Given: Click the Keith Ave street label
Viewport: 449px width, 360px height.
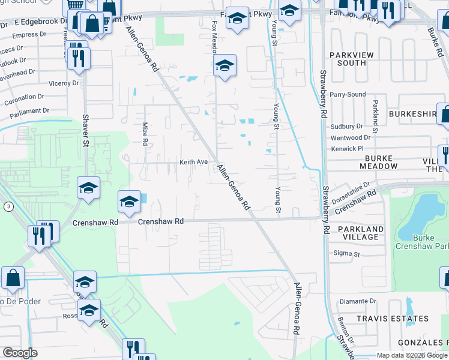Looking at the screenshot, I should click(193, 162).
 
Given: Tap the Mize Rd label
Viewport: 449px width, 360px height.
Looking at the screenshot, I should click(145, 134).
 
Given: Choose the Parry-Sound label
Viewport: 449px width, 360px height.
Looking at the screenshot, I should click(348, 94).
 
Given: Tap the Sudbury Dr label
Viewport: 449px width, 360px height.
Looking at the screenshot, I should click(347, 127).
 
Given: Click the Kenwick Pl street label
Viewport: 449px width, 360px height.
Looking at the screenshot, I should click(348, 148).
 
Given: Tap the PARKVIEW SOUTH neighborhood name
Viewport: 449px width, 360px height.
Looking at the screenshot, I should click(348, 59).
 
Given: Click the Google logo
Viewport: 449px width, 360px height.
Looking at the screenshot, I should click(20, 353).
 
